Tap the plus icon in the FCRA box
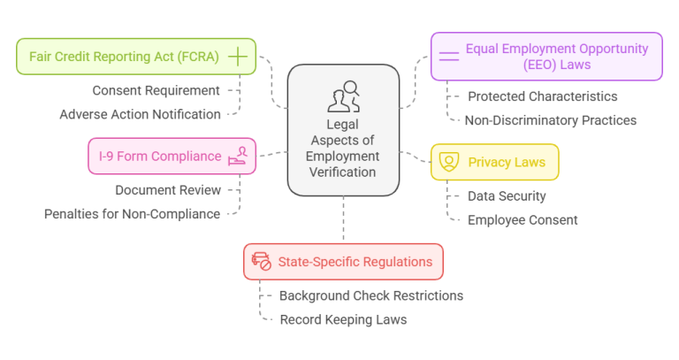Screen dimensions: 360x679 pos(237,57)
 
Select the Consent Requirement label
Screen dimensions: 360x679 pos(156,90)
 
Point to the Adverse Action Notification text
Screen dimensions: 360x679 pos(140,114)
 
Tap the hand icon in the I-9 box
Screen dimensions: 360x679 pos(238,157)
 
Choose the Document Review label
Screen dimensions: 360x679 pos(168,189)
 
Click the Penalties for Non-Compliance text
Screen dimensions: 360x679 pos(132,213)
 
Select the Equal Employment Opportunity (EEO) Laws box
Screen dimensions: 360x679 pos(546,57)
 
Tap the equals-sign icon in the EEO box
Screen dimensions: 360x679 pos(449,57)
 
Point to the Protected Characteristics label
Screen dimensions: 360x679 pos(542,96)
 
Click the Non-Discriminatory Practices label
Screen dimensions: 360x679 pos(552,120)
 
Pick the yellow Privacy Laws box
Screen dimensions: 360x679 pos(494,163)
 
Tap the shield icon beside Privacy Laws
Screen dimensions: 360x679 pos(449,163)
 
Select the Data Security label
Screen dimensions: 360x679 pos(507,195)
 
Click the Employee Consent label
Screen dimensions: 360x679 pos(523,219)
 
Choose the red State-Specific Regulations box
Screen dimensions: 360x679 pos(343,262)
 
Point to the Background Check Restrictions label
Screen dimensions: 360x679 pos(370,295)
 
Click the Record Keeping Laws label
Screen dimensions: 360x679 pos(343,319)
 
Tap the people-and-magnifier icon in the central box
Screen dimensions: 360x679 pos(343,96)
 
